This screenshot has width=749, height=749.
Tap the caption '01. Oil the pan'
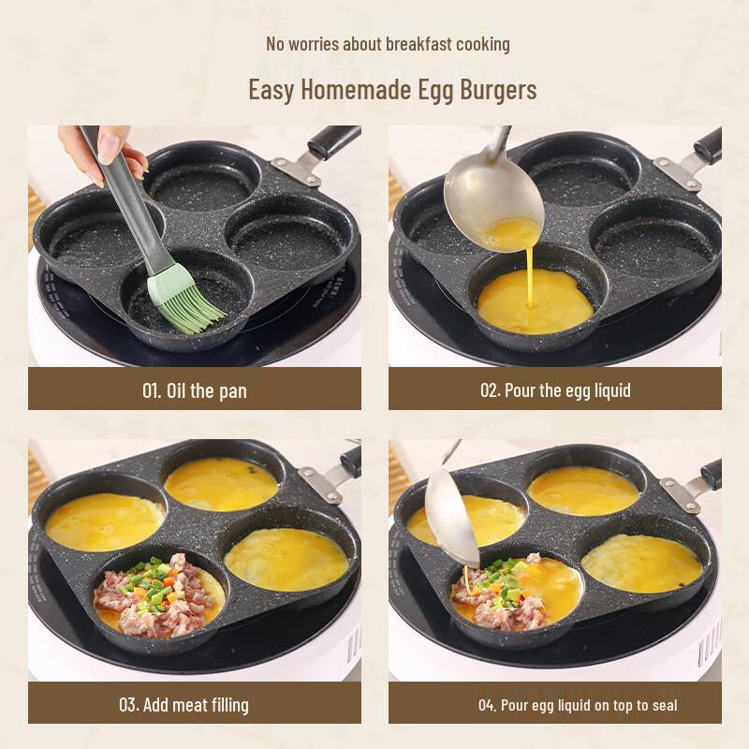click(194, 389)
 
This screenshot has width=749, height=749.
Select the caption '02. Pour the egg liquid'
click(555, 389)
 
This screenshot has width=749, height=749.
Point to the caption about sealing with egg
click(578, 704)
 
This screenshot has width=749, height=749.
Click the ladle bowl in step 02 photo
click(492, 195)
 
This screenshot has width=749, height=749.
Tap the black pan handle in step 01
click(332, 140)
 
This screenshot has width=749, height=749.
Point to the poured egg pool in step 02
click(535, 301)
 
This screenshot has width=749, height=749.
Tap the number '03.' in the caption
click(128, 704)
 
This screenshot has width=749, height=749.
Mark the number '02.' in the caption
click(490, 389)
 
